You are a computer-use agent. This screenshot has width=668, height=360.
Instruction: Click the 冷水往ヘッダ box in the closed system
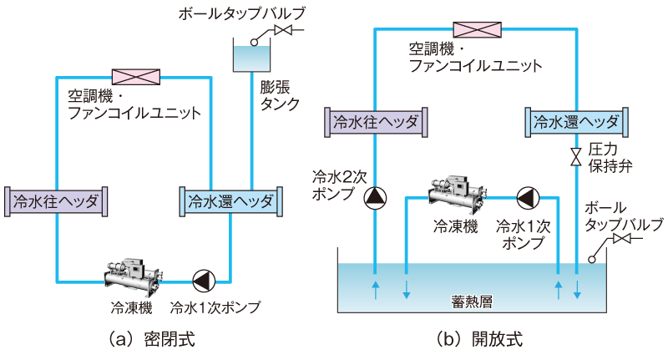pos(58,202)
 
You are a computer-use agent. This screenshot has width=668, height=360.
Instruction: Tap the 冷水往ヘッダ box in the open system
pos(375,123)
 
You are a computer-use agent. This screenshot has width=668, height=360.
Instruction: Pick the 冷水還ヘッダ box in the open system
pos(575,123)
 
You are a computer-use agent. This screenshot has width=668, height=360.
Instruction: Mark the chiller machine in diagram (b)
pos(456,193)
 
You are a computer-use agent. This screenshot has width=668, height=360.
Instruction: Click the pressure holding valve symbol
pos(576,156)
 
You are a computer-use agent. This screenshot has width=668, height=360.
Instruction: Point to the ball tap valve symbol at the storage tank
pos(620,241)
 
